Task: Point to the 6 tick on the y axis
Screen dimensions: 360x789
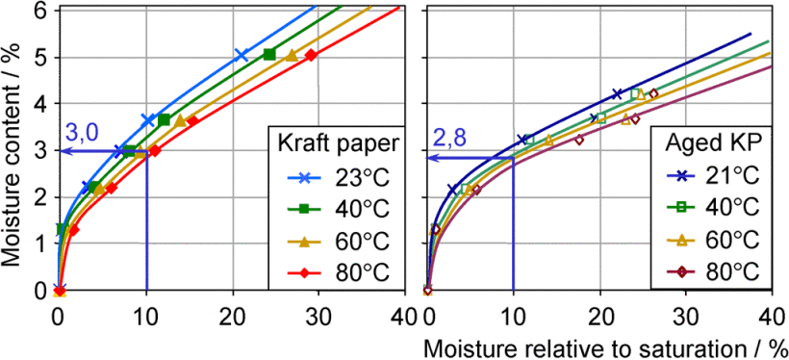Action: click(x=41, y=10)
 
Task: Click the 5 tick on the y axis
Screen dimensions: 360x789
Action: click(x=41, y=56)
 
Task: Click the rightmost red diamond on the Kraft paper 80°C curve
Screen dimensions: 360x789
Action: click(x=311, y=55)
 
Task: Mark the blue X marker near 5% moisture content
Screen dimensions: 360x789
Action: click(x=241, y=55)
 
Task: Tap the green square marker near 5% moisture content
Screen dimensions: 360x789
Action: click(x=269, y=54)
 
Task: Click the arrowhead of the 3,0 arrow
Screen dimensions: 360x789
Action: click(x=63, y=150)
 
